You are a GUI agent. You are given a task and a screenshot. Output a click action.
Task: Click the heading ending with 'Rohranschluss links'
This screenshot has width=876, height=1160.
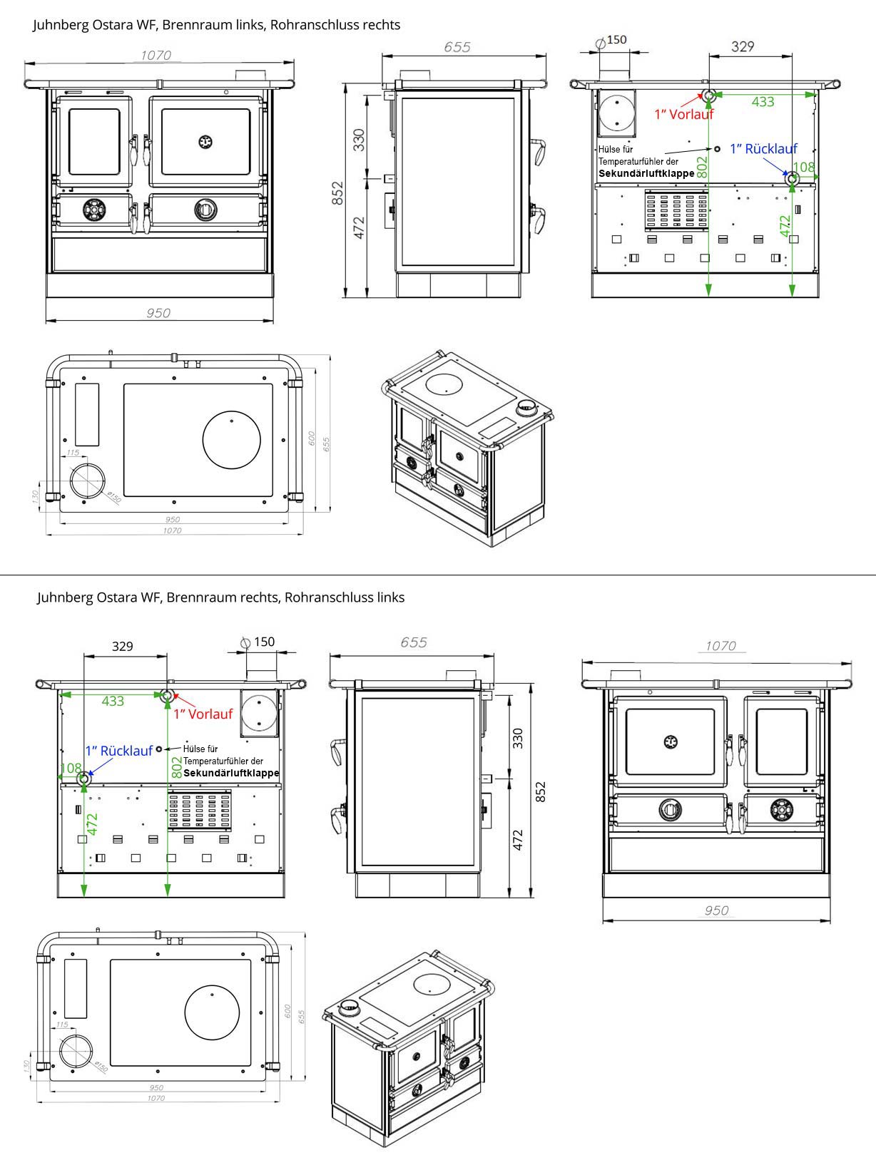[221, 597]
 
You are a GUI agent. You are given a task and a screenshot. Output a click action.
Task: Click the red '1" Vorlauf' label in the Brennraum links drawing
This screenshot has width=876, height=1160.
[683, 114]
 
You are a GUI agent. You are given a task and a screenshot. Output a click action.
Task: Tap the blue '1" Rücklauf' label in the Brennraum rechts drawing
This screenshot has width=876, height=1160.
[118, 751]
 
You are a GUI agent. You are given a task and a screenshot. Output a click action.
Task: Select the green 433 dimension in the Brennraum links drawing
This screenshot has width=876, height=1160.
[763, 102]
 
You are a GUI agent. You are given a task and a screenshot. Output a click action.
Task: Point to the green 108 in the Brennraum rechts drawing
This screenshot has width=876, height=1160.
[71, 769]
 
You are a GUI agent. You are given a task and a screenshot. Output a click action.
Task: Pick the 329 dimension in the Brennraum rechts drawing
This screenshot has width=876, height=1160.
[123, 646]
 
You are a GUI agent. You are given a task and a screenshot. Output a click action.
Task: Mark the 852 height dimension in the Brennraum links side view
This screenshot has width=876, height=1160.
[337, 193]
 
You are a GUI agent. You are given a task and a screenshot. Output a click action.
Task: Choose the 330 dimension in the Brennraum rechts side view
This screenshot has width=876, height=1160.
[519, 738]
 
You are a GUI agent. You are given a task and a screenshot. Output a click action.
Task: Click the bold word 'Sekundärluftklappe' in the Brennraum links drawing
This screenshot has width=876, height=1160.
[646, 173]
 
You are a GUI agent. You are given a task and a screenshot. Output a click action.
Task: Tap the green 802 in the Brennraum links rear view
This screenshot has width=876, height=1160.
[702, 167]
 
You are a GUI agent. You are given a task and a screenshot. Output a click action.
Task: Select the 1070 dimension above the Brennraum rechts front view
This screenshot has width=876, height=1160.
[720, 646]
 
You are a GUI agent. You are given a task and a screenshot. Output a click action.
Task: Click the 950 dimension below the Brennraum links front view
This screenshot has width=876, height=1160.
[158, 313]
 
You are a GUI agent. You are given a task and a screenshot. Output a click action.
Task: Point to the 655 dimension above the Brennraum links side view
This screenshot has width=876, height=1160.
[457, 47]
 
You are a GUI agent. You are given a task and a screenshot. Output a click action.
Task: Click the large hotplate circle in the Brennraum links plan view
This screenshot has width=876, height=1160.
[232, 440]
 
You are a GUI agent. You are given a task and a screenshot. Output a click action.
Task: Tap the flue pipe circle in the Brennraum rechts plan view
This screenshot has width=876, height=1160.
[76, 1054]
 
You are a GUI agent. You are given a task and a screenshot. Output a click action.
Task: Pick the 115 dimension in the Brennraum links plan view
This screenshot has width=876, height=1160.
[73, 453]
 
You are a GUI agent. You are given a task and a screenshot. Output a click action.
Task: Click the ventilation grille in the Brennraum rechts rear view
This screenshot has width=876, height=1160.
[200, 809]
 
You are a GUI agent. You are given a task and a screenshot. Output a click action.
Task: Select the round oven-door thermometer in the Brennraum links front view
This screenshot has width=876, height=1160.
[205, 142]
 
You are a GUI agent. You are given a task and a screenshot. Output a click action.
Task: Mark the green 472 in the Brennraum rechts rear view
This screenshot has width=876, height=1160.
[93, 823]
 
